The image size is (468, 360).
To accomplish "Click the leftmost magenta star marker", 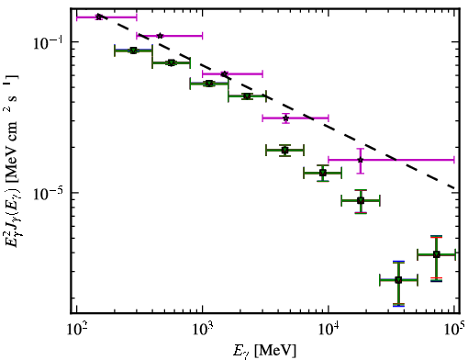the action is pyautogui.click(x=98, y=17).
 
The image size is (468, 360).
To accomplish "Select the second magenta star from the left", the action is pyautogui.click(x=160, y=36).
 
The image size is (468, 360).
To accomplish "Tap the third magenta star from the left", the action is pyautogui.click(x=224, y=73).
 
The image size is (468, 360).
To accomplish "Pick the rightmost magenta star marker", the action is pyautogui.click(x=361, y=160).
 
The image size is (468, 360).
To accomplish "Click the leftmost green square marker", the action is pyautogui.click(x=133, y=51).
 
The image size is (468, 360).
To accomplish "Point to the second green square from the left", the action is pyautogui.click(x=172, y=62).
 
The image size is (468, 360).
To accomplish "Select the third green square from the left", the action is pyautogui.click(x=209, y=84).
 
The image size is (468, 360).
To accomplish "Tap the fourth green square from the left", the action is pyautogui.click(x=247, y=96).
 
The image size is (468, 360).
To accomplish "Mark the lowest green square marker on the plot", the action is pyautogui.click(x=398, y=280).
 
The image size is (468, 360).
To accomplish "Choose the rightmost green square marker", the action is pyautogui.click(x=437, y=254).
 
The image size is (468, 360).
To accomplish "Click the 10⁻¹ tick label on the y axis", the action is pyautogui.click(x=48, y=42).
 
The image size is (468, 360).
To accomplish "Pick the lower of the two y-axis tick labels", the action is pyautogui.click(x=48, y=194).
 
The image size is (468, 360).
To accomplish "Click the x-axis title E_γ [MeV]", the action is pyautogui.click(x=264, y=351).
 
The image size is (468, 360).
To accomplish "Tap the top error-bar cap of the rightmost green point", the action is pyautogui.click(x=437, y=236).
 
